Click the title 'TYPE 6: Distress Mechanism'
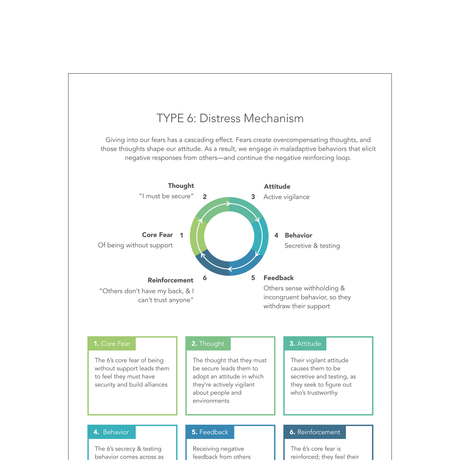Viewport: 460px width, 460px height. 230,118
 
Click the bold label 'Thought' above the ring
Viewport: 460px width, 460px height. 181,186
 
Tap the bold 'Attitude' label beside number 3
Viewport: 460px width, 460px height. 277,187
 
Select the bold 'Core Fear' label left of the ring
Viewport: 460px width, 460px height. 157,235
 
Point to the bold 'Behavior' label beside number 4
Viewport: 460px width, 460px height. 298,236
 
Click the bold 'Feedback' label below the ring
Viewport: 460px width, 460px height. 279,278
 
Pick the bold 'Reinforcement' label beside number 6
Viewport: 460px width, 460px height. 170,280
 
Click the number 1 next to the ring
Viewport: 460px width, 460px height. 181,236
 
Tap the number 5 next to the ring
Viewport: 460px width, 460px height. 253,278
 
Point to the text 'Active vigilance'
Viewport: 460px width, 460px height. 286,197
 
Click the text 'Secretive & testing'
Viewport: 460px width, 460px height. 312,246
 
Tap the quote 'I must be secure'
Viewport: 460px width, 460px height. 166,196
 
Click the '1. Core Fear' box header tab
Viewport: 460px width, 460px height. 112,344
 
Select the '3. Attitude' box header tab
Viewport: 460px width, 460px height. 305,344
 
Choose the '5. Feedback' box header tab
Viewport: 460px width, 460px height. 210,432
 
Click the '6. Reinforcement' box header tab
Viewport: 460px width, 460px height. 315,432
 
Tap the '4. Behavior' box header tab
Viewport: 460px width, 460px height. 111,432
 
